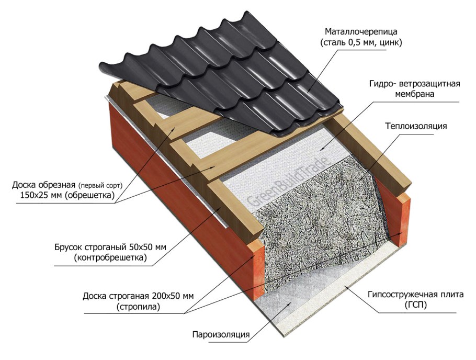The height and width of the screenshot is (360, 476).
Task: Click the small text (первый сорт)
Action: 99,185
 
